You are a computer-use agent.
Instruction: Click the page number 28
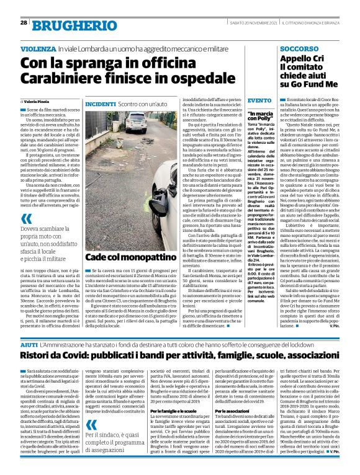[23, 22]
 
